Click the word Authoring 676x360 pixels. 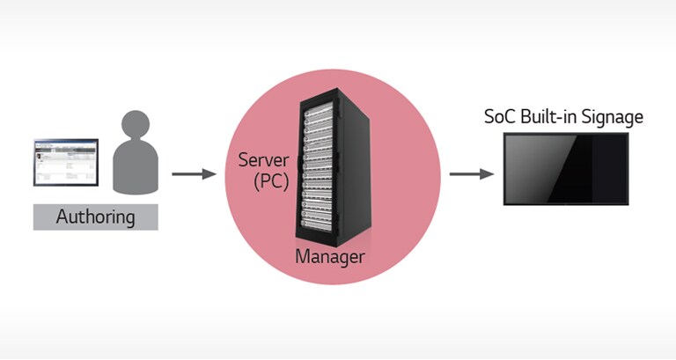pyautogui.click(x=95, y=216)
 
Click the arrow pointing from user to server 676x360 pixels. pyautogui.click(x=193, y=173)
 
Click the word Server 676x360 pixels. pyautogui.click(x=265, y=161)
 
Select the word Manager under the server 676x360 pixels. pyautogui.click(x=329, y=257)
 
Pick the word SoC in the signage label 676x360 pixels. pyautogui.click(x=501, y=116)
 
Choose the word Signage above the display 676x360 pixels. pyautogui.click(x=613, y=117)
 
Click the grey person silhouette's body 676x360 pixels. pyautogui.click(x=137, y=172)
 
